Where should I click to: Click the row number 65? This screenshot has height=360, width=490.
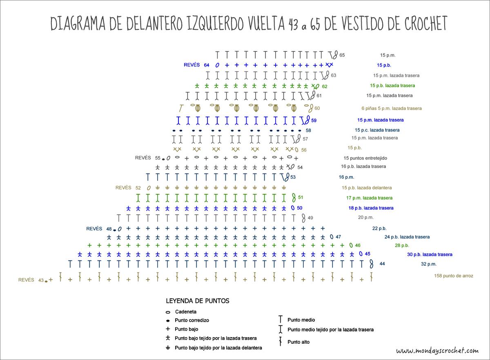pos(342,55)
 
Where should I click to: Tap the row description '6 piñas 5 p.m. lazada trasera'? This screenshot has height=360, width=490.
pos(392,109)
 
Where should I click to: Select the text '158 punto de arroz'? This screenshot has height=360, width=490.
pos(453,276)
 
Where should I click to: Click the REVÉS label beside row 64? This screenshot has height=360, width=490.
pos(192,65)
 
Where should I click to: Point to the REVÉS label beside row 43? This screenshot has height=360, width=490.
pos(26,280)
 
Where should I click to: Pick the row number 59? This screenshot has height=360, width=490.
pos(314,120)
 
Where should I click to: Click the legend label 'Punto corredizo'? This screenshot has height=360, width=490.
pos(192,320)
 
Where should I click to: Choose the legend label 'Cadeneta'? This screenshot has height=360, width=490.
pos(186,312)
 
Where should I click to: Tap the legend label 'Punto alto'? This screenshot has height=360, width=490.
pos(298,342)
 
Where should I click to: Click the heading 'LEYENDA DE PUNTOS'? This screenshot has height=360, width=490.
pos(198,301)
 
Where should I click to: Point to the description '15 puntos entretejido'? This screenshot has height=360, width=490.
pos(365,158)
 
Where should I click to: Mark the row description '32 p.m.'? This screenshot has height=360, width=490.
pos(429,264)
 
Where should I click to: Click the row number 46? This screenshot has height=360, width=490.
pos(358,245)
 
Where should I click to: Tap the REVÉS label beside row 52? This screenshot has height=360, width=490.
pos(123,188)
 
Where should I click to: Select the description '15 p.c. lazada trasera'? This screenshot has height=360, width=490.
pos(377,130)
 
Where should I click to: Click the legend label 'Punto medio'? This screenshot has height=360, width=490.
pos(301,320)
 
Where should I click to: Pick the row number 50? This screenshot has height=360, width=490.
pos(300,208)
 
